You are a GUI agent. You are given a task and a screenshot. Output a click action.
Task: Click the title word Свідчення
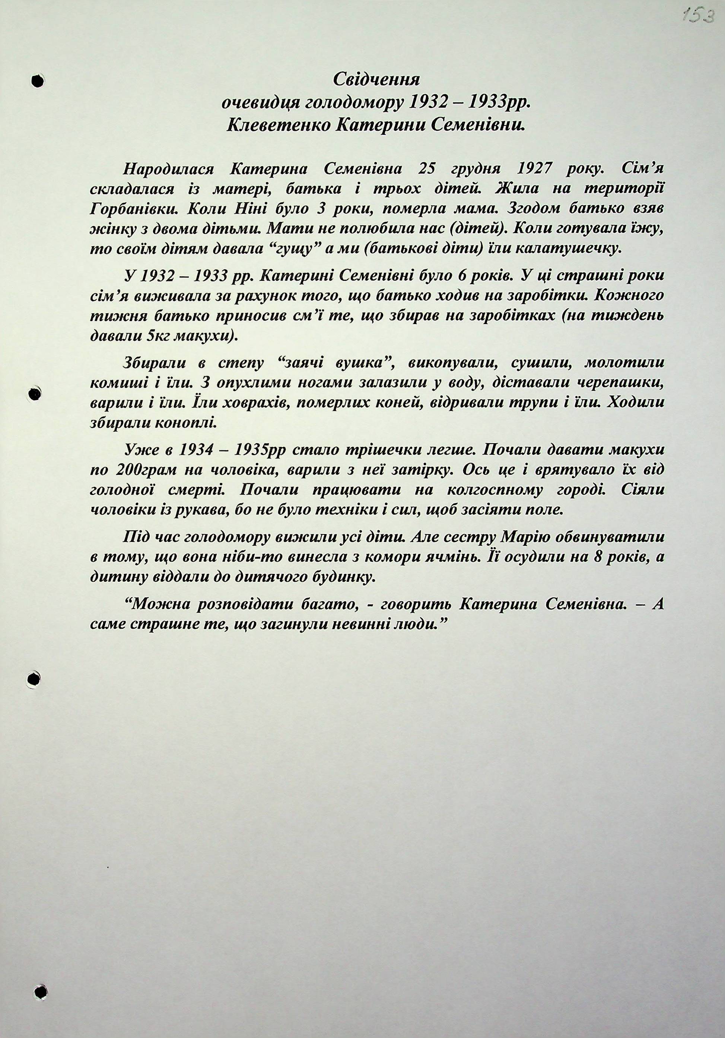(376, 80)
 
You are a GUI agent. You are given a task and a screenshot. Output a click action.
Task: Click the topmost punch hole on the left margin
(38, 80)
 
